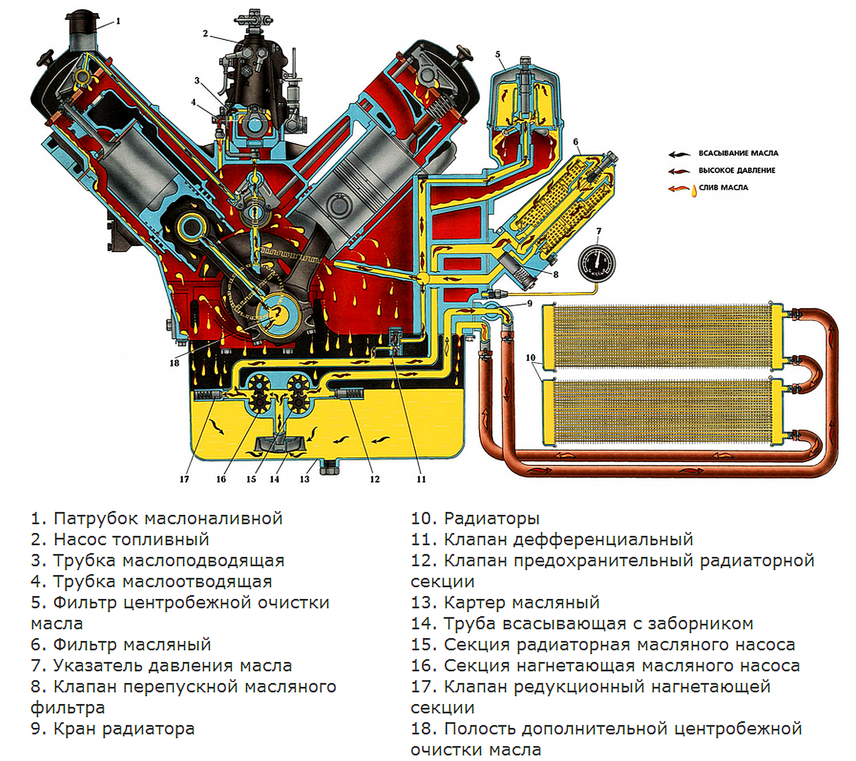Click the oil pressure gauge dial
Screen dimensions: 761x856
(596, 263)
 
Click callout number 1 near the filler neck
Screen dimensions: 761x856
(118, 21)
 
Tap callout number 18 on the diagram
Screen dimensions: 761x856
(174, 363)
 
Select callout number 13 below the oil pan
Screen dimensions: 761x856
(305, 479)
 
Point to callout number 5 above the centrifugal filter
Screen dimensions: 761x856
(498, 55)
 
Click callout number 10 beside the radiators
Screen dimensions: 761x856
(530, 357)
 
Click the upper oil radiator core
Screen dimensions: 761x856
(662, 335)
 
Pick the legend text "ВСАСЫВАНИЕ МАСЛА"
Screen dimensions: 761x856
(738, 153)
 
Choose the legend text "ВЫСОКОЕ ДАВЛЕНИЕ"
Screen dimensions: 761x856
(737, 171)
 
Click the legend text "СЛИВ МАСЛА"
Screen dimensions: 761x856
(723, 188)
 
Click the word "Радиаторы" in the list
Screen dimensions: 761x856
(492, 519)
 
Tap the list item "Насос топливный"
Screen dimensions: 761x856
(131, 539)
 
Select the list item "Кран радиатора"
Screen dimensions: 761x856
(124, 729)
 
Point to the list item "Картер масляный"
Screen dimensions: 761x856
(522, 603)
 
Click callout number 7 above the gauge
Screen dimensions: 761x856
(598, 232)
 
